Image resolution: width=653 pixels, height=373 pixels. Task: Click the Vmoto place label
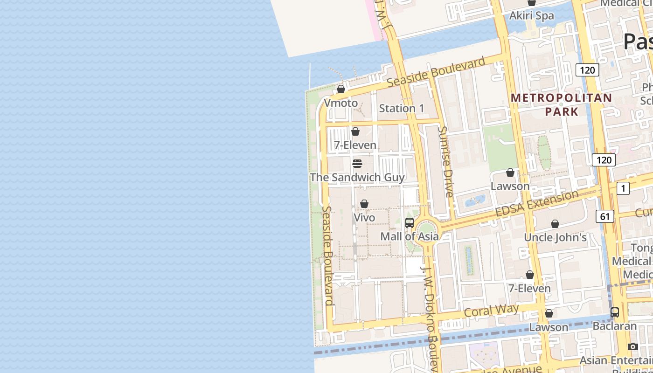click(341, 103)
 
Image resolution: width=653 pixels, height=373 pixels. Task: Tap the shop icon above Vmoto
click(341, 89)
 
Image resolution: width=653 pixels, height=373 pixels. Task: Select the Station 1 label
click(402, 109)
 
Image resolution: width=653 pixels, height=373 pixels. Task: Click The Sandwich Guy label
click(357, 177)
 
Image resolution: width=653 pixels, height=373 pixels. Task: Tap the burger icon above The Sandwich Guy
click(357, 163)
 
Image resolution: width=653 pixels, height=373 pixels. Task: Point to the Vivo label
click(364, 218)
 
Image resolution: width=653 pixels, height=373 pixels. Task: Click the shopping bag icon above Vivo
click(364, 204)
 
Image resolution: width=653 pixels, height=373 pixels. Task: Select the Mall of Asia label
click(410, 236)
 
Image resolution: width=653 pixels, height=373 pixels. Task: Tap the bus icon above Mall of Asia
click(410, 223)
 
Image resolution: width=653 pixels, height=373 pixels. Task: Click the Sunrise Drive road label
click(446, 161)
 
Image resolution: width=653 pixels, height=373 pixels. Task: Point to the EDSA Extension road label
click(536, 204)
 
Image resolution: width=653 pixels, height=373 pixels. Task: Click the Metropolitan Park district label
click(561, 104)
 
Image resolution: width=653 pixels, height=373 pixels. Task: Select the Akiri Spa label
click(532, 15)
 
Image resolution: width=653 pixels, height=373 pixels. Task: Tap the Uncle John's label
click(555, 237)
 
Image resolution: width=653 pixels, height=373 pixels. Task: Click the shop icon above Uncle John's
click(555, 224)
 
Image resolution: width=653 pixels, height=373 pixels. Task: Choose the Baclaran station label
click(615, 326)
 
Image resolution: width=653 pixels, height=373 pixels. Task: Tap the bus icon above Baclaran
click(615, 312)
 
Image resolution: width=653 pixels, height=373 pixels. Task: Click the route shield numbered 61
click(605, 216)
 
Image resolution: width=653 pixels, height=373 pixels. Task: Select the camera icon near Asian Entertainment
click(633, 346)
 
